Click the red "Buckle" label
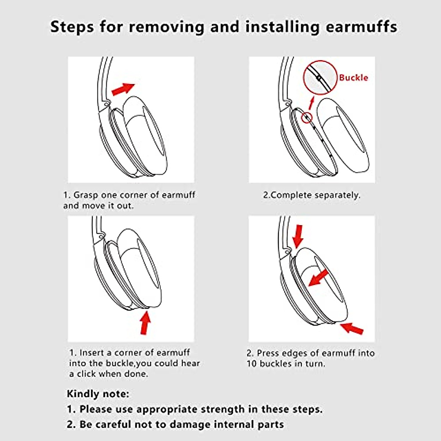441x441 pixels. point(353,78)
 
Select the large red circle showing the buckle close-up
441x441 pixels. point(320,78)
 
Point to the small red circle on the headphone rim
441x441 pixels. point(306,118)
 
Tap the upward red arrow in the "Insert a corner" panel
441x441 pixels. point(146,322)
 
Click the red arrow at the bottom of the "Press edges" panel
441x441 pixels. point(352,328)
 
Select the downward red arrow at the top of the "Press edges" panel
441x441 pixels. point(298,236)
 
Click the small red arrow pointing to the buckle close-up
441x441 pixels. point(312,103)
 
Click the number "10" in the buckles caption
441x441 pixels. point(252,364)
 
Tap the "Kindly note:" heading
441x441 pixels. point(98,394)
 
